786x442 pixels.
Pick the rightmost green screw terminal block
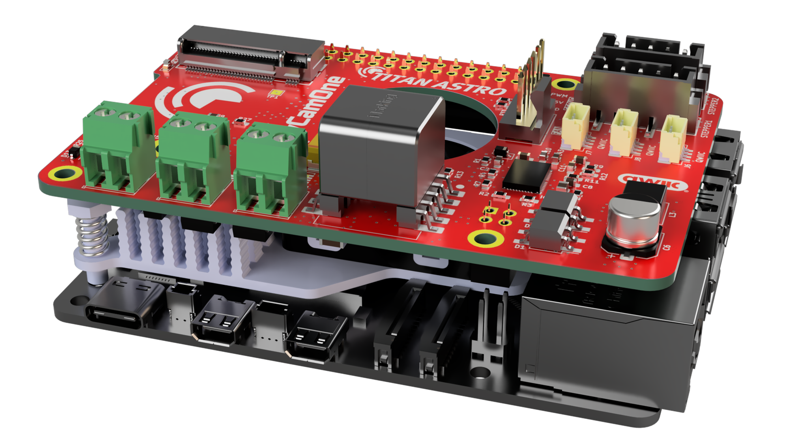[x=269, y=168]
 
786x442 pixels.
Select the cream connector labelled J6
[x=673, y=134]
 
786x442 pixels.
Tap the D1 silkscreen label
[x=520, y=246]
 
